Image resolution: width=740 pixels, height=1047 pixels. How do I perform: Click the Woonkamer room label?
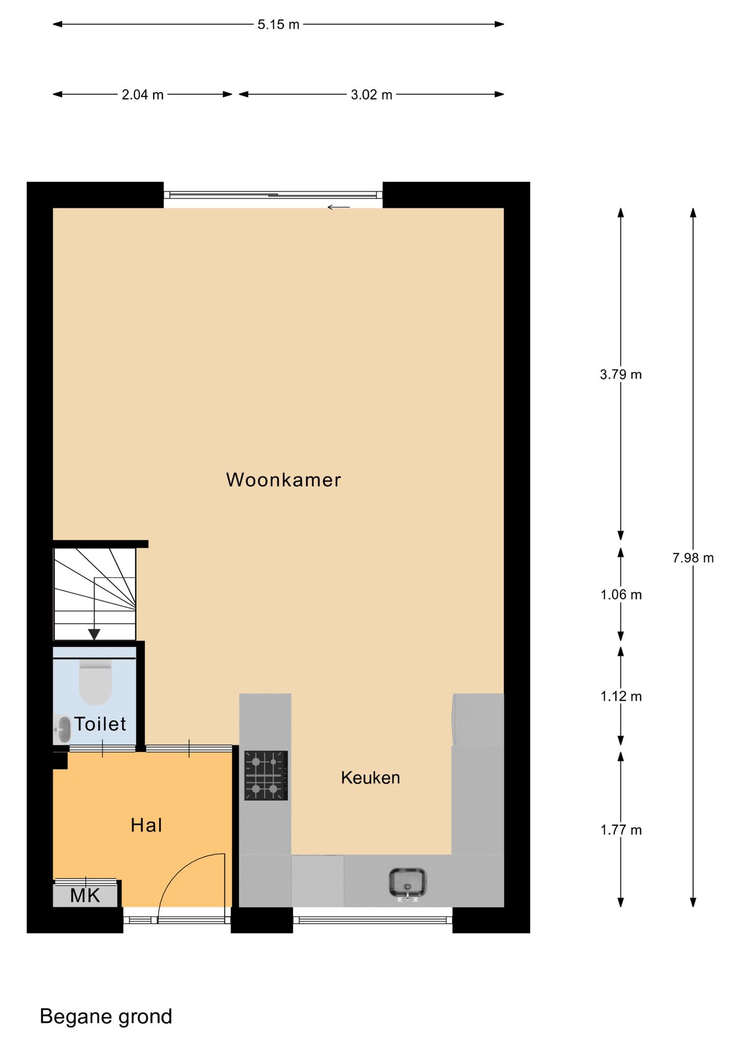point(284,480)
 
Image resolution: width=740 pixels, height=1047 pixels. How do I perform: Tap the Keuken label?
point(371,778)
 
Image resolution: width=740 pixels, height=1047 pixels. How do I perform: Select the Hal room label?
point(147,826)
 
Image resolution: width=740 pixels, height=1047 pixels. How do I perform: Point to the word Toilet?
point(100,724)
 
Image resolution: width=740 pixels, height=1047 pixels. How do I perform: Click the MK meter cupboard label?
point(85,896)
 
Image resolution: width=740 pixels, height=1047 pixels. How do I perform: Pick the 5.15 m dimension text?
point(279,25)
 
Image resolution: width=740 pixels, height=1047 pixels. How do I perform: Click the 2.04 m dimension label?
point(143,95)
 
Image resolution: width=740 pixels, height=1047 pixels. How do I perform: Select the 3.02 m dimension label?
point(372,95)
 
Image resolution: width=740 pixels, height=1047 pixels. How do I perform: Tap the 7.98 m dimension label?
point(693,558)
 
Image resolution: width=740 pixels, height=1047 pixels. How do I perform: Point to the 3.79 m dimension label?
point(621,375)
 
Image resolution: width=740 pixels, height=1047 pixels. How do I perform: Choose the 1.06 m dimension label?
point(621,595)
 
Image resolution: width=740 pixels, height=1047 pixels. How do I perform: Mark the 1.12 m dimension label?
point(621,696)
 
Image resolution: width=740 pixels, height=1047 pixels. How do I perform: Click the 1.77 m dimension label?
point(621,830)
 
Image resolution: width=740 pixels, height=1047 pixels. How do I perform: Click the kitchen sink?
point(407,883)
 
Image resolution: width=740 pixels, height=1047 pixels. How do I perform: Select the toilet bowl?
point(96,682)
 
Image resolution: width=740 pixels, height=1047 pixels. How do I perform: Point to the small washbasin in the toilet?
point(63,729)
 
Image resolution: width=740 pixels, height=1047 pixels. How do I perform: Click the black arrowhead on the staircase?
point(94,634)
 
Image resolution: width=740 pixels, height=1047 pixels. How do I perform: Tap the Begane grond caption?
point(106,1017)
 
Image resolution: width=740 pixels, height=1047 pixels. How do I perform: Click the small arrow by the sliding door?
point(339,207)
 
